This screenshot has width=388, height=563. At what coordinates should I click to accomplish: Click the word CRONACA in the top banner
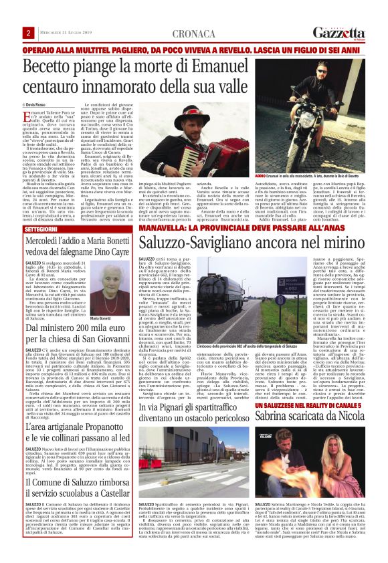193,33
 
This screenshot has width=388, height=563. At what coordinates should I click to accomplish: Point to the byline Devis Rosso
39,106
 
